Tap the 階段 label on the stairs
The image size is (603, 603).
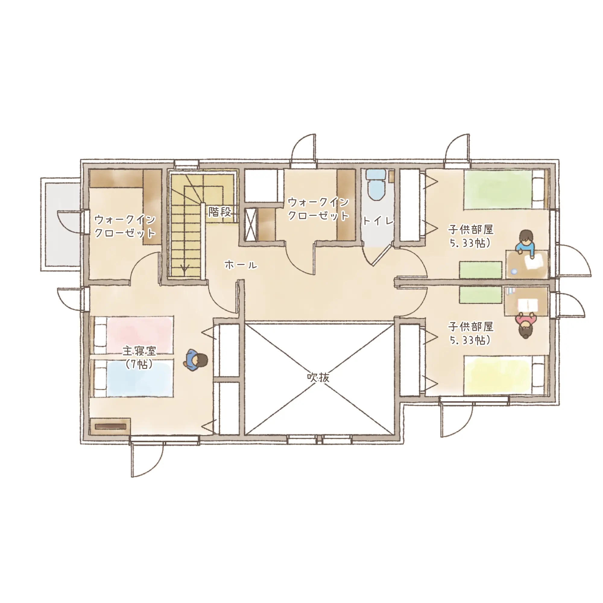tap(220, 212)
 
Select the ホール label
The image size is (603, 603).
tap(241, 265)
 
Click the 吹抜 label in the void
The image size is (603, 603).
tap(318, 377)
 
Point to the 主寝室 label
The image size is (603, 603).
tap(139, 351)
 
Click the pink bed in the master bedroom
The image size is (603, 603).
tap(133, 335)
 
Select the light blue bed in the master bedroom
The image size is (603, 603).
tap(133, 378)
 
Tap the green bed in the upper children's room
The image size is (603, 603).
tap(506, 189)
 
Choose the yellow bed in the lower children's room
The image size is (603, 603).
tap(506, 375)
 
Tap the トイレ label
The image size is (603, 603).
tap(378, 221)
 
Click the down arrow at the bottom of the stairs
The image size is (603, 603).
tap(185, 267)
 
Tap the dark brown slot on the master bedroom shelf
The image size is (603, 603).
tap(110, 426)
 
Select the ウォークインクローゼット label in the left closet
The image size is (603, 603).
tap(125, 226)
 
